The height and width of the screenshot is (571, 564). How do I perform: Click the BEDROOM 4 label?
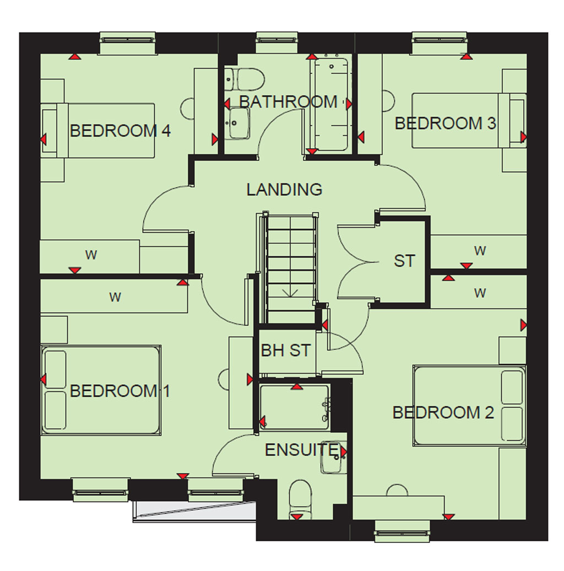click(120, 131)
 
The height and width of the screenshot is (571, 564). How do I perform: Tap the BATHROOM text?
click(288, 101)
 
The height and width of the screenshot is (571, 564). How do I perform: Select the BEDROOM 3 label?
click(446, 123)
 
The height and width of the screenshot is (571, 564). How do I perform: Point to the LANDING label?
click(284, 190)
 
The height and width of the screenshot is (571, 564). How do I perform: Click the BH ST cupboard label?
click(286, 351)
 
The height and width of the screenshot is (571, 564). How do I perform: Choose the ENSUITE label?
click(302, 450)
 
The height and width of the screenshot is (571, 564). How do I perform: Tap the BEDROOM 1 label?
click(120, 391)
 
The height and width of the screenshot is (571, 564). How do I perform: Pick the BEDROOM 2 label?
click(443, 413)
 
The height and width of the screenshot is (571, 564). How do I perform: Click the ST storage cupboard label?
click(404, 261)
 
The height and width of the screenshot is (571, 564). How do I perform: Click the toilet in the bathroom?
click(244, 79)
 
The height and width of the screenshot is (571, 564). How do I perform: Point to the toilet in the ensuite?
click(300, 499)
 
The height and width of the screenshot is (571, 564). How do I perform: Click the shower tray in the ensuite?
click(295, 407)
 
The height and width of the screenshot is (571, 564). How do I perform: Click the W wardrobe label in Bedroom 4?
click(91, 255)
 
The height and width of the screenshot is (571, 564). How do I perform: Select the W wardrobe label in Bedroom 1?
click(115, 297)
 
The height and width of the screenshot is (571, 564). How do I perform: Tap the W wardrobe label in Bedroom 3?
click(480, 251)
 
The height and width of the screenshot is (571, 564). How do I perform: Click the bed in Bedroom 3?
click(469, 121)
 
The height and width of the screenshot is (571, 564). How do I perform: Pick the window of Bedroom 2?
click(402, 533)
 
